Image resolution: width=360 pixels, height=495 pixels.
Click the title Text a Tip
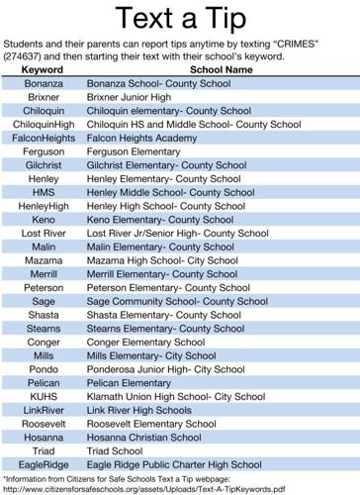pyautogui.click(x=180, y=19)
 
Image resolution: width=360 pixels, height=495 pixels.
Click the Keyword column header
pyautogui.click(x=43, y=71)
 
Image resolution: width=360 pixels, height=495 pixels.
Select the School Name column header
pyautogui.click(x=221, y=71)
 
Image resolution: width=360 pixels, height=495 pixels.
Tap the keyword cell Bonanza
pyautogui.click(x=44, y=85)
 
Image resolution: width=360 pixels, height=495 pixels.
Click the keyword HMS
pyautogui.click(x=44, y=193)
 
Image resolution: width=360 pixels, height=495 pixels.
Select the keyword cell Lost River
pyautogui.click(x=44, y=234)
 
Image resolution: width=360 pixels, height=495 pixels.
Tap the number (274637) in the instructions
pyautogui.click(x=25, y=56)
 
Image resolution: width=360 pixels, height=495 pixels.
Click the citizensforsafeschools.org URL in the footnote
pyautogui.click(x=143, y=489)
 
